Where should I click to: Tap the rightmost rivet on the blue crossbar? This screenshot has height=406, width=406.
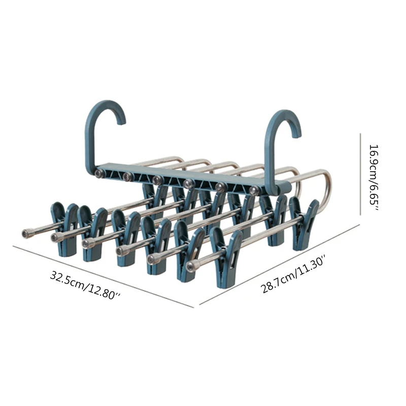(x=253, y=190)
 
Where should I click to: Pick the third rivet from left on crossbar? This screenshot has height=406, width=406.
(x=157, y=180)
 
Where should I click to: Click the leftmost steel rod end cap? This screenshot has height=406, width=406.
(x=25, y=233)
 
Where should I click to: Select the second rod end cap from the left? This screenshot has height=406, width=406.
(x=54, y=238)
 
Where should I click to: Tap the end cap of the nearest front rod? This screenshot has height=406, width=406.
(x=190, y=266)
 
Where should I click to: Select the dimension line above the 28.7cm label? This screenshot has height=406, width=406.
(x=279, y=264)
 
